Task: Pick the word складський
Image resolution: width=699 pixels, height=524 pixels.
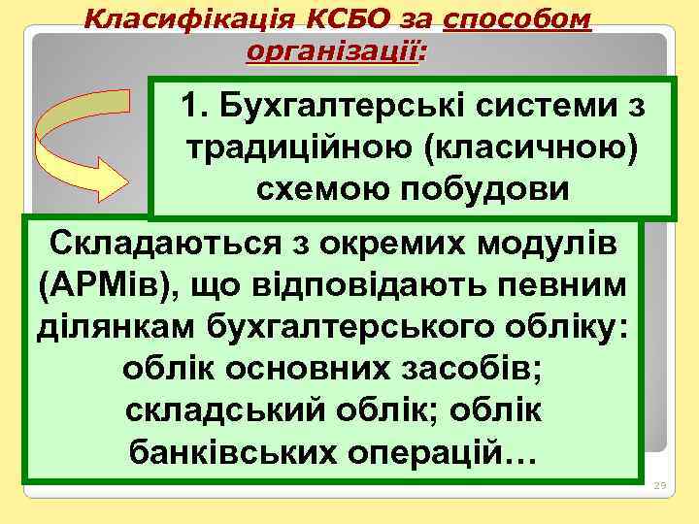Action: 206,410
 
